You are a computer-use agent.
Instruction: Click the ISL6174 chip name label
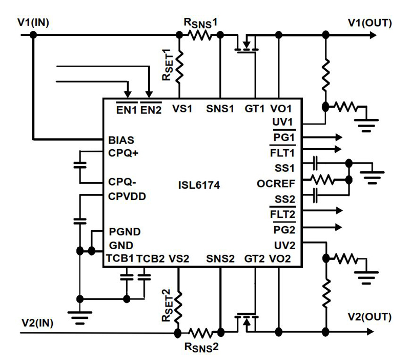[x=200, y=186]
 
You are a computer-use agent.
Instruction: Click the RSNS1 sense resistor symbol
[x=200, y=35]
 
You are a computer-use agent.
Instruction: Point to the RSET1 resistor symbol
[x=179, y=68]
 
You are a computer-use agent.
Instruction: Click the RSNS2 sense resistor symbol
[x=200, y=332]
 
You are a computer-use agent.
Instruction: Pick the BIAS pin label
[x=120, y=139]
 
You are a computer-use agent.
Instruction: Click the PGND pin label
[x=125, y=232]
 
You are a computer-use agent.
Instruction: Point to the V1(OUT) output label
[x=370, y=23]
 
